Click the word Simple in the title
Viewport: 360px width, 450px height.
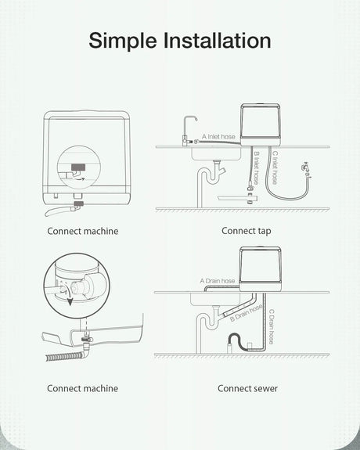click(x=123, y=41)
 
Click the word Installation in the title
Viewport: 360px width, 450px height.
click(x=218, y=40)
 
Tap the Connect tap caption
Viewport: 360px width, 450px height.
click(x=247, y=231)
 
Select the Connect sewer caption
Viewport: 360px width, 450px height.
click(x=247, y=388)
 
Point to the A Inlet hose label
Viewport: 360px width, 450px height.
click(x=218, y=137)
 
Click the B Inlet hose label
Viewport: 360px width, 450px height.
click(x=256, y=168)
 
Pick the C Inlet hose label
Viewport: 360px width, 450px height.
click(x=275, y=167)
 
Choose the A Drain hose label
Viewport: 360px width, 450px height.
click(x=218, y=281)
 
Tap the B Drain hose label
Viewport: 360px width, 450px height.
click(x=246, y=312)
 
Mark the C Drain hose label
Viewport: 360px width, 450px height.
click(x=271, y=326)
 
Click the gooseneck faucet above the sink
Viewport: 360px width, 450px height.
click(x=189, y=131)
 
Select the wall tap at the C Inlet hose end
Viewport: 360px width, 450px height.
click(x=306, y=169)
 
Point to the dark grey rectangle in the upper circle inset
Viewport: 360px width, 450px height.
click(x=78, y=167)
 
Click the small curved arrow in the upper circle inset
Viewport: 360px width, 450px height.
click(x=78, y=178)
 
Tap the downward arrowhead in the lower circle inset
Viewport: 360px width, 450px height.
click(x=70, y=302)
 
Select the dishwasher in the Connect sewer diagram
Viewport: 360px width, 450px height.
click(x=261, y=269)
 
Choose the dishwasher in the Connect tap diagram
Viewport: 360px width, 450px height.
click(x=261, y=125)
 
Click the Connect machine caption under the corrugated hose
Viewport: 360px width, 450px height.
click(x=82, y=388)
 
